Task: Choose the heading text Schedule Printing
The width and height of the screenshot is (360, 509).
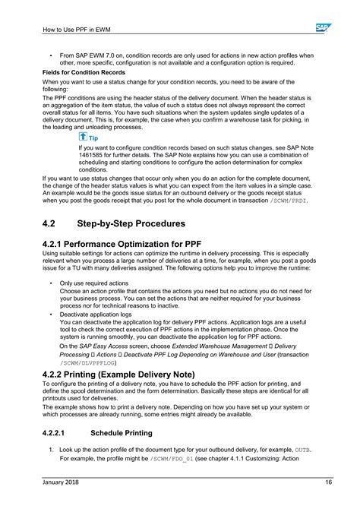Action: click(x=122, y=432)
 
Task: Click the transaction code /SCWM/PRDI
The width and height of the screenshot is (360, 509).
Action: click(x=289, y=201)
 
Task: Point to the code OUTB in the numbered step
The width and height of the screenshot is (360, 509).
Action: click(x=302, y=450)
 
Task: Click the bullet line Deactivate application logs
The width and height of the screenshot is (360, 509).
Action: click(x=96, y=313)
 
